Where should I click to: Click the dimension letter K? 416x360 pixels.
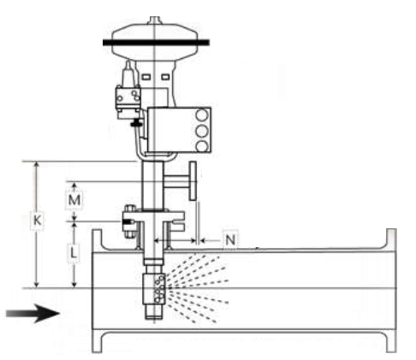coord(37,221)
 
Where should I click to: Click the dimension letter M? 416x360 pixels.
coord(74,200)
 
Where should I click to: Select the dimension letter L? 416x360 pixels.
coord(74,252)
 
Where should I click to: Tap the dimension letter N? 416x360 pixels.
coord(230,239)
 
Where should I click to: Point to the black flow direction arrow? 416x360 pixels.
coord(33,313)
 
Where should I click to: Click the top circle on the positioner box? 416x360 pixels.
coord(202,116)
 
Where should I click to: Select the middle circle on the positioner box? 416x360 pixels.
coord(202,132)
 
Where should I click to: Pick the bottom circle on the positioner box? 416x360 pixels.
coord(202,146)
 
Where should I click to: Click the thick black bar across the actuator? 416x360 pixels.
coord(156,43)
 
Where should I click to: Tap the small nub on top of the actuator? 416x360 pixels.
coord(155,21)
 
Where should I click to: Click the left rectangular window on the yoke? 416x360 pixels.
coord(146,77)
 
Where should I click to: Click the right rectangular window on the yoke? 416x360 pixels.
coord(165,77)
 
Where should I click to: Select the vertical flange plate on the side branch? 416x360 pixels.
coord(193,180)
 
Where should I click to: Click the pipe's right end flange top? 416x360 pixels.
coord(391,239)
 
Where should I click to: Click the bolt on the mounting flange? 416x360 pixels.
coord(130,221)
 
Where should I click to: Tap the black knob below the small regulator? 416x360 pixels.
coord(136,124)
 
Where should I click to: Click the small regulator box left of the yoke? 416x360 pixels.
coord(128,98)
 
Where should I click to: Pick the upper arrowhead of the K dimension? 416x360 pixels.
coord(36,165)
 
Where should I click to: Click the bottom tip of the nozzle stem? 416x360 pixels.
coord(154,319)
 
